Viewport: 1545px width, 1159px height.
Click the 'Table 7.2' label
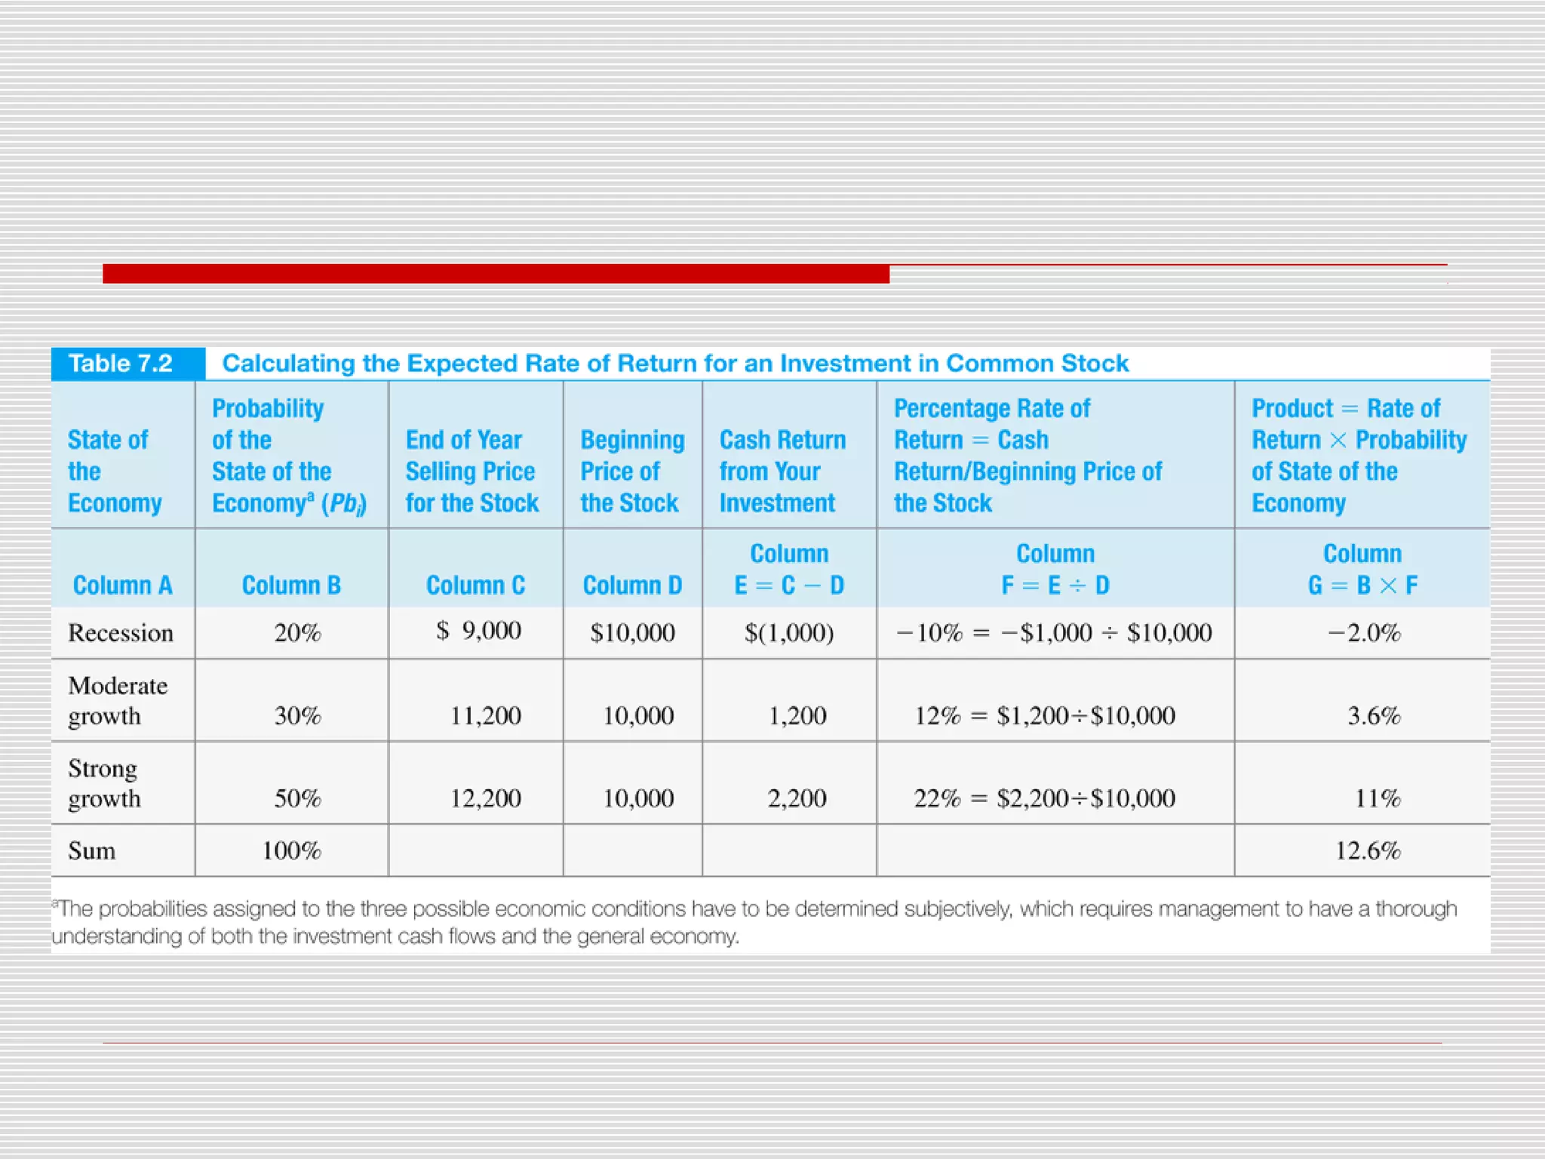point(121,364)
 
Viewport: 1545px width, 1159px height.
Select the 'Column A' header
point(122,585)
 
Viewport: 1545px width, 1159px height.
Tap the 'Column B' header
point(291,585)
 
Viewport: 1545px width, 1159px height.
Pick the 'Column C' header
point(475,585)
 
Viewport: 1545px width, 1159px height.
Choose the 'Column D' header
point(632,585)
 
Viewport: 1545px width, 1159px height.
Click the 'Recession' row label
point(121,632)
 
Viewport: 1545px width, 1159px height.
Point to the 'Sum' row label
point(92,850)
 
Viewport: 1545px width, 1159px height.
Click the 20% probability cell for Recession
point(297,632)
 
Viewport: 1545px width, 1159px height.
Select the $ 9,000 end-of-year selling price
point(478,630)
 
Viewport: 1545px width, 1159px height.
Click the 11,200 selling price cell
point(485,715)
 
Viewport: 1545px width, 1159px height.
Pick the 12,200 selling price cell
point(485,798)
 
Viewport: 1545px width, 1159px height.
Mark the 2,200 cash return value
point(797,798)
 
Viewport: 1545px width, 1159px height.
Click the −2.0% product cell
point(1364,632)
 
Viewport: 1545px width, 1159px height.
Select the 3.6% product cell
point(1374,715)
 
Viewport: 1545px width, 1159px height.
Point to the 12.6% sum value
point(1368,850)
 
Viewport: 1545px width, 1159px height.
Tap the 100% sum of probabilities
point(291,850)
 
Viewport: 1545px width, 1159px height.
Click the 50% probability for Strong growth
point(297,798)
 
